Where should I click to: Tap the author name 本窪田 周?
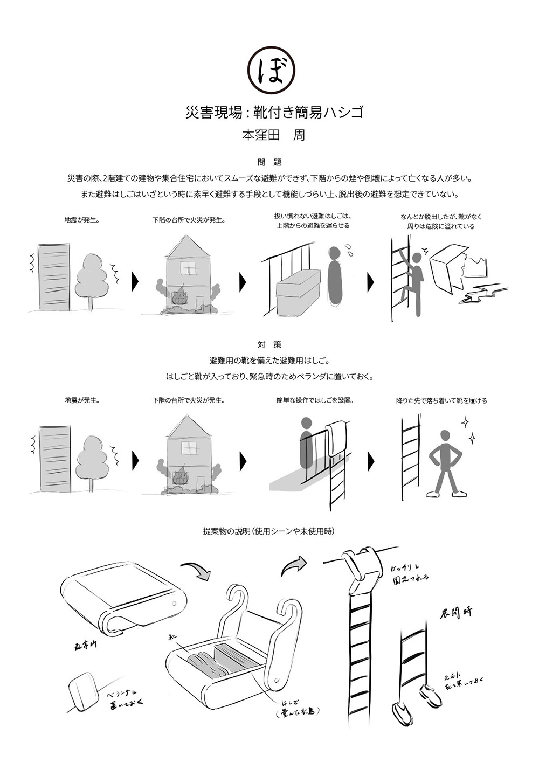click(x=274, y=135)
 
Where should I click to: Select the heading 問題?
click(x=269, y=162)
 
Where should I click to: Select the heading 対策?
click(x=269, y=344)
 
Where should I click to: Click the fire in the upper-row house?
click(x=179, y=297)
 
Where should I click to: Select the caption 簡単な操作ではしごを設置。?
click(x=314, y=400)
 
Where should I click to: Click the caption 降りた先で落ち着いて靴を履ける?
click(x=441, y=400)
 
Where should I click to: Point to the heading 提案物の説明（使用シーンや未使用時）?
click(x=269, y=531)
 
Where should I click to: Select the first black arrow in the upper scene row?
click(x=135, y=281)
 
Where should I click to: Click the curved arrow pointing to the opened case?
click(x=195, y=571)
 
